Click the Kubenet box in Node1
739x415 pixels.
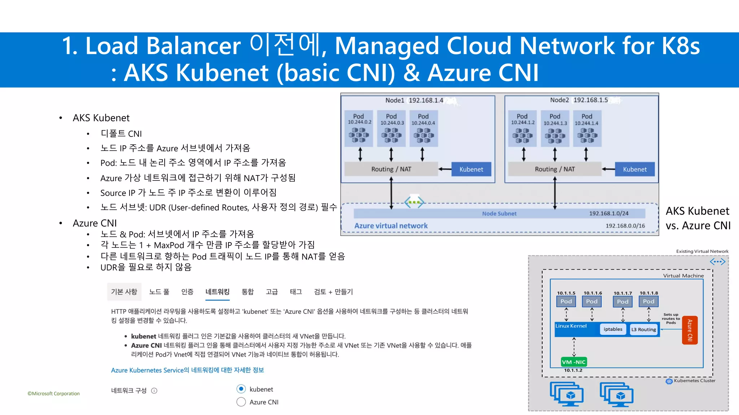[471, 169]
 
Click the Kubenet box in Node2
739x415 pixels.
[635, 169]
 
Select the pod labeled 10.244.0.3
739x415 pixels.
[392, 129]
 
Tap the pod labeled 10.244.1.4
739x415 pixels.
[587, 129]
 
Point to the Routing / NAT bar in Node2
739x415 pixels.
[555, 169]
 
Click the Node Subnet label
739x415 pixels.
[499, 214]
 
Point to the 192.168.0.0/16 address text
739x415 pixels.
[625, 226]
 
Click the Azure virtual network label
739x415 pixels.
[391, 226]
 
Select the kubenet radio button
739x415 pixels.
[241, 389]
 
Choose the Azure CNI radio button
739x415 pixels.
[241, 402]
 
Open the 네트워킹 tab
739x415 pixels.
[217, 292]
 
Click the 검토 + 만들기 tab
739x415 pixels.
[333, 292]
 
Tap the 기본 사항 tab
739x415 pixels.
[124, 292]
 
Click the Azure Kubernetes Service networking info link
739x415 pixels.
[187, 370]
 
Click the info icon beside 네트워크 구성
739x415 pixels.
[154, 391]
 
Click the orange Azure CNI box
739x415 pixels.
[690, 330]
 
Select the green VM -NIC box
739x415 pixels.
[574, 362]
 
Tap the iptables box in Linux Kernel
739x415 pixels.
[613, 329]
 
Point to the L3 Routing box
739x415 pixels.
[643, 330]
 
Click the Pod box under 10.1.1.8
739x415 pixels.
[648, 302]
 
